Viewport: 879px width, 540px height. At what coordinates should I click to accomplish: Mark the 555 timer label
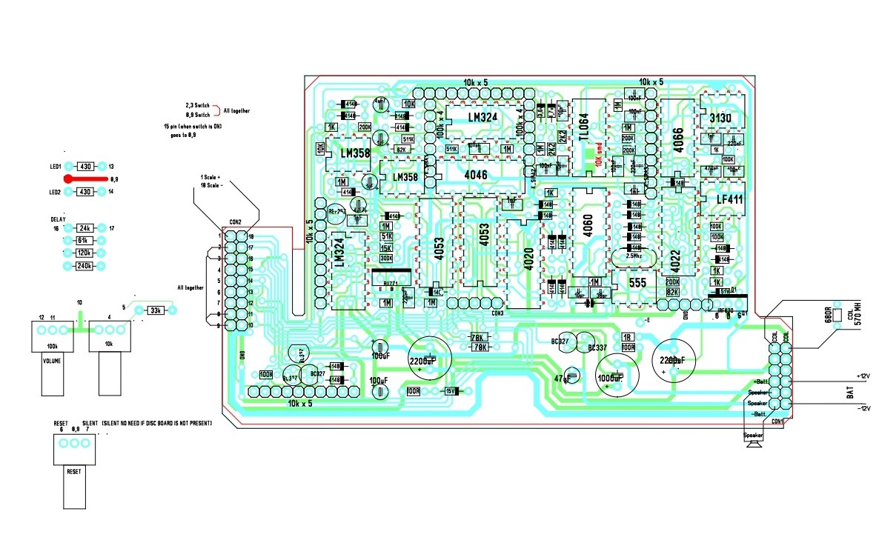pos(638,282)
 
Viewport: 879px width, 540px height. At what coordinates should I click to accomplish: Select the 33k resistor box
pos(156,310)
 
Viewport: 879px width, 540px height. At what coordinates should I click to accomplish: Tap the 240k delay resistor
pos(84,265)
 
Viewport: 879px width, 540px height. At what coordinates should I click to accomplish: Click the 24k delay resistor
pos(84,228)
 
